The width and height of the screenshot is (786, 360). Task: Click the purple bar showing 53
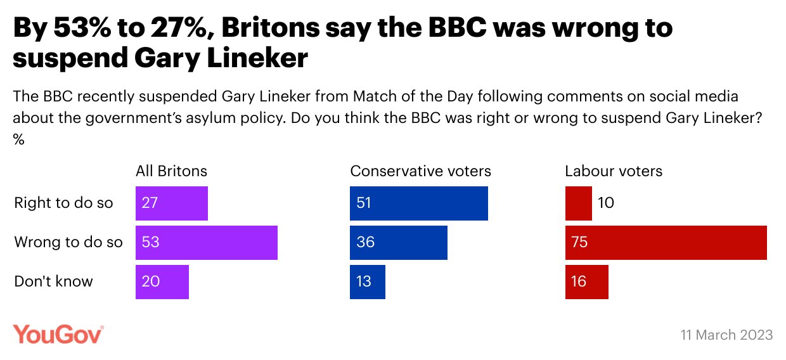[x=207, y=242]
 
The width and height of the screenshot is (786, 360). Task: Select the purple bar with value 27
[x=172, y=203]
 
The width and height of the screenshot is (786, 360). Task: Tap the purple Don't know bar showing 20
[x=162, y=281]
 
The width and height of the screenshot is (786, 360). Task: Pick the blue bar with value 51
[x=419, y=203]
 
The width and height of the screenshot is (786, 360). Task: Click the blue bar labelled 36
[x=399, y=242]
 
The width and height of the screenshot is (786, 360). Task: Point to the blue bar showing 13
[x=368, y=281]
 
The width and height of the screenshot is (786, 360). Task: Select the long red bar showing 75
[x=666, y=242]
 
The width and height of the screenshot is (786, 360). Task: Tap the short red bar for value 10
[x=578, y=203]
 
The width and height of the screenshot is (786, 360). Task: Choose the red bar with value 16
[x=587, y=281]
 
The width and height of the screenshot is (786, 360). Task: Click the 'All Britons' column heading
[x=171, y=171]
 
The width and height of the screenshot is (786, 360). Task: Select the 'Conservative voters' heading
[x=420, y=171]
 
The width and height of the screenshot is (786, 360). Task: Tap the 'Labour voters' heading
[x=614, y=171]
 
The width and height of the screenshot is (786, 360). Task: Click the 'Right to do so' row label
[x=63, y=203]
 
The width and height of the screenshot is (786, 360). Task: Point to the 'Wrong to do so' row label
[x=68, y=242]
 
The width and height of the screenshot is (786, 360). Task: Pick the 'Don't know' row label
[x=53, y=281]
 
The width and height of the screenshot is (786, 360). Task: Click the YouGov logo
[x=58, y=334]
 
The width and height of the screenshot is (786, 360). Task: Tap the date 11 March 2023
[x=727, y=335]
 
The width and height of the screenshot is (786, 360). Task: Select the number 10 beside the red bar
[x=605, y=203]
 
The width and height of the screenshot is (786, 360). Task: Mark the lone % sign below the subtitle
[x=18, y=140]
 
